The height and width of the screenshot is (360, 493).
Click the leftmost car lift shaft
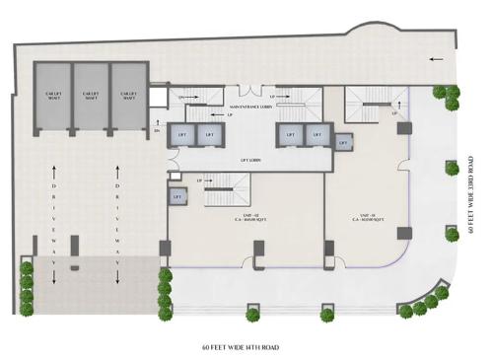click(x=54, y=95)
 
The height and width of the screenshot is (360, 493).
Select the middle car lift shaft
click(x=91, y=95)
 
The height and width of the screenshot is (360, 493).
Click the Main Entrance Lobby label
click(x=250, y=106)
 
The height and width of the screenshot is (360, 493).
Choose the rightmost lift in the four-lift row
click(x=316, y=136)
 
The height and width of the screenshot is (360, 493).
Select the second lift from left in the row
click(x=209, y=136)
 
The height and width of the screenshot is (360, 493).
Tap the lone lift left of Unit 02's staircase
click(x=177, y=196)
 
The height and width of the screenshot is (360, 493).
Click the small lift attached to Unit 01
click(x=345, y=143)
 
